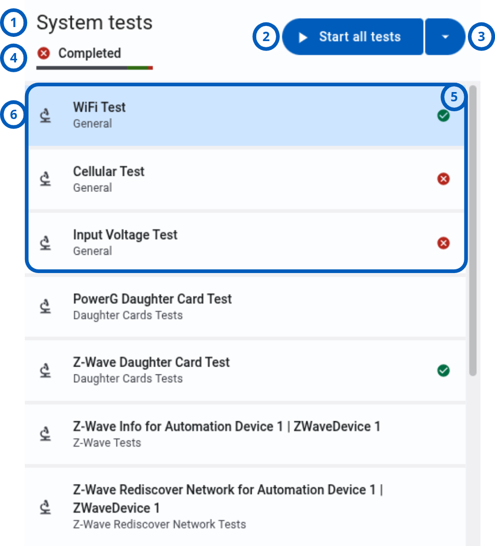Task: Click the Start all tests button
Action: (x=353, y=36)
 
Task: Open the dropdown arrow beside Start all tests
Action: (x=445, y=36)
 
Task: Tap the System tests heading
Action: (x=94, y=23)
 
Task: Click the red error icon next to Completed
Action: (x=44, y=53)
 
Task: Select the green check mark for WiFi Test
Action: (x=444, y=115)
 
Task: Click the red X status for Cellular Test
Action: (x=444, y=179)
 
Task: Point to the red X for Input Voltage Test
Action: (x=444, y=243)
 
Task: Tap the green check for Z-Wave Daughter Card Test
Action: (x=444, y=370)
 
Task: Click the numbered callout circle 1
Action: (x=14, y=23)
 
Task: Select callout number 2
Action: (x=266, y=36)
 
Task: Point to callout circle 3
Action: (x=481, y=36)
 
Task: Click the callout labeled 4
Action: (x=14, y=58)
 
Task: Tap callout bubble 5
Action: (x=454, y=97)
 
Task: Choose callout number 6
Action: (x=14, y=114)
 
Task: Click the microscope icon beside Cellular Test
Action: (x=45, y=179)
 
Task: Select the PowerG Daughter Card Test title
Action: (x=152, y=299)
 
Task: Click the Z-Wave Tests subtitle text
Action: (x=107, y=443)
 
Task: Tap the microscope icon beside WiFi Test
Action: (x=45, y=115)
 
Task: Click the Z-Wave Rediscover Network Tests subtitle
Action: (x=160, y=524)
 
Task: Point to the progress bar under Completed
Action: (x=94, y=68)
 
